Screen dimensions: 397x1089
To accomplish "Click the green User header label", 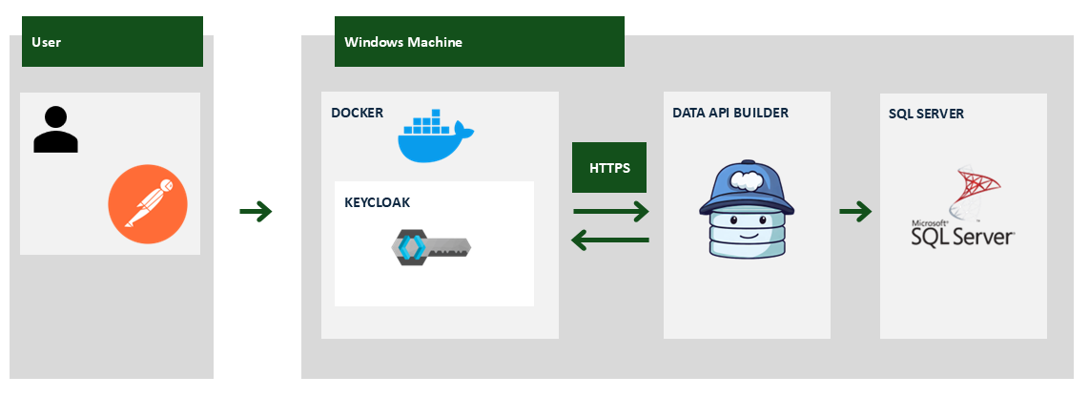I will pos(113,42).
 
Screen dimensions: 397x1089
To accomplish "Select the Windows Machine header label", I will pos(479,42).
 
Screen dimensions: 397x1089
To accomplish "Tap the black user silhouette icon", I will pos(55,130).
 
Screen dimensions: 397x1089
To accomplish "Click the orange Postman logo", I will pos(148,204).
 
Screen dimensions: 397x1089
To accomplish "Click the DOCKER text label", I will pos(357,113).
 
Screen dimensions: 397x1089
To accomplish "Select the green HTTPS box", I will pos(608,168).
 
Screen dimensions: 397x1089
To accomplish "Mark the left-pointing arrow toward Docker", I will pos(610,240).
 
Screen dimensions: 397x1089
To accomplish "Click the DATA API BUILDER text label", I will pos(729,113).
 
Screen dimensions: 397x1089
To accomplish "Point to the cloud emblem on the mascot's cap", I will pos(746,178).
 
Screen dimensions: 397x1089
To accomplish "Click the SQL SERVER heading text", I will pos(926,114).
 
